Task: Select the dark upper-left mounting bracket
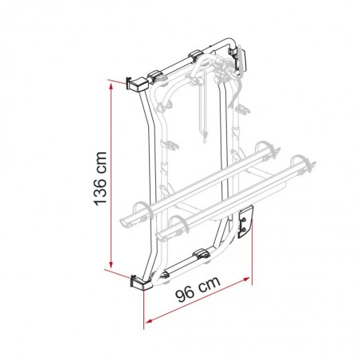[x=136, y=83]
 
